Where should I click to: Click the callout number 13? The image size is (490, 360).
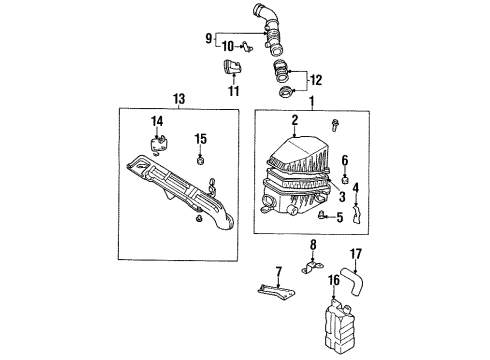[179, 99]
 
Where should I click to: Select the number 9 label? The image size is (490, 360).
[208, 39]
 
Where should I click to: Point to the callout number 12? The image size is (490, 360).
[316, 80]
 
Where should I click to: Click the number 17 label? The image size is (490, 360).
[356, 254]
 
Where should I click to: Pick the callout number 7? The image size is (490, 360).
[278, 272]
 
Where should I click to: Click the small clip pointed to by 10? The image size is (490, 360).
[247, 47]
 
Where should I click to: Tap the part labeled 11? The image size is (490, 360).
[232, 68]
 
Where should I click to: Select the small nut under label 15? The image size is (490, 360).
[200, 161]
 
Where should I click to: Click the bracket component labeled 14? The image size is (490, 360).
[158, 144]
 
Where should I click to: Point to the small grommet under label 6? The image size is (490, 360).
[345, 180]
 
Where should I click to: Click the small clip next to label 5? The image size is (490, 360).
[321, 215]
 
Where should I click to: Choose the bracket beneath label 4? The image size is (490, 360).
[357, 214]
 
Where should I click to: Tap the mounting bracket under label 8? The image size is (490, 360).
[312, 268]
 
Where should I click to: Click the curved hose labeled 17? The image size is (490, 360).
[352, 281]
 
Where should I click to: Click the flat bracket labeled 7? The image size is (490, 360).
[277, 292]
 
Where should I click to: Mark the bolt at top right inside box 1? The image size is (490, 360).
[335, 125]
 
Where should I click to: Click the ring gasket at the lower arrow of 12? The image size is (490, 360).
[285, 92]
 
